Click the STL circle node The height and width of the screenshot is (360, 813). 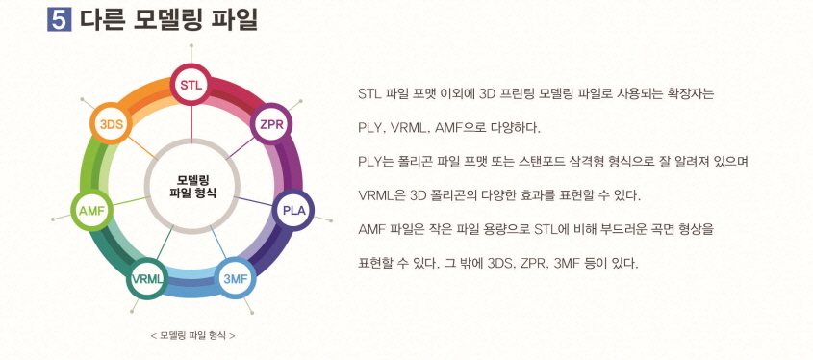[x=191, y=86]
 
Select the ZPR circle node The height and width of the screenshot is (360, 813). [x=270, y=124]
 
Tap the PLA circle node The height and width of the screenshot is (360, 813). [x=293, y=209]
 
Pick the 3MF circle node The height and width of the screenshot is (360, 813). [x=235, y=277]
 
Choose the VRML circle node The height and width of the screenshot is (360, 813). [x=148, y=278]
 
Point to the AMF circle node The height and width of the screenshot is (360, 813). [x=91, y=209]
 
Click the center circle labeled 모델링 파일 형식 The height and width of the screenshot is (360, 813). [x=192, y=186]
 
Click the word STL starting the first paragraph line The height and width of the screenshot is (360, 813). [x=369, y=94]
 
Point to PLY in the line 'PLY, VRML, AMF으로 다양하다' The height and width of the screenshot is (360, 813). [x=369, y=127]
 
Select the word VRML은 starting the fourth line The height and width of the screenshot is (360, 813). [x=380, y=195]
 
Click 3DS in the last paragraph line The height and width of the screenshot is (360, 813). [x=500, y=262]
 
